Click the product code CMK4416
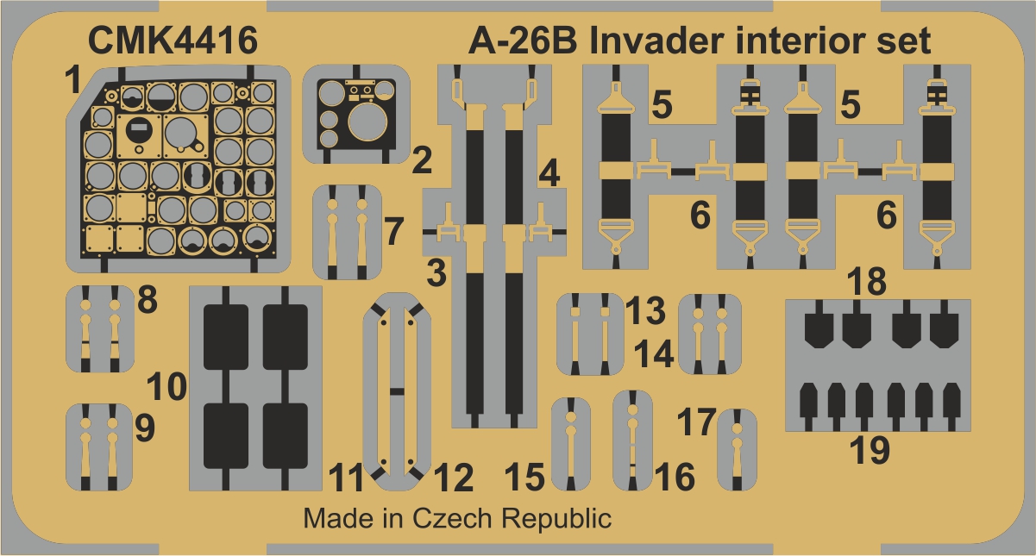(173, 41)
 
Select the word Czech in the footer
(452, 518)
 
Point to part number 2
(422, 160)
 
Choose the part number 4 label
(549, 173)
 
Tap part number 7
(394, 231)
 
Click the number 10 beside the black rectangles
(166, 386)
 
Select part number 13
(645, 309)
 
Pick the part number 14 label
(654, 353)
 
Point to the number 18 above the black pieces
(866, 281)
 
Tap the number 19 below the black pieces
(870, 450)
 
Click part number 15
(524, 477)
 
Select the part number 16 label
(675, 476)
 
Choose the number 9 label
(145, 428)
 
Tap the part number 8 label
(148, 299)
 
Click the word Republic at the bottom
(557, 519)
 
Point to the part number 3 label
(436, 273)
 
